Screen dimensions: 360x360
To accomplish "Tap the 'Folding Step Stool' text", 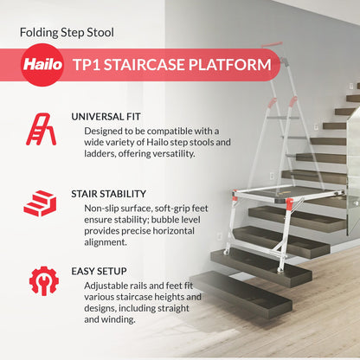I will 67,33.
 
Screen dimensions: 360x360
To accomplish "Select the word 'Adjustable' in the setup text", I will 110,285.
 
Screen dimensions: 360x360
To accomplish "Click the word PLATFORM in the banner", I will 234,64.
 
